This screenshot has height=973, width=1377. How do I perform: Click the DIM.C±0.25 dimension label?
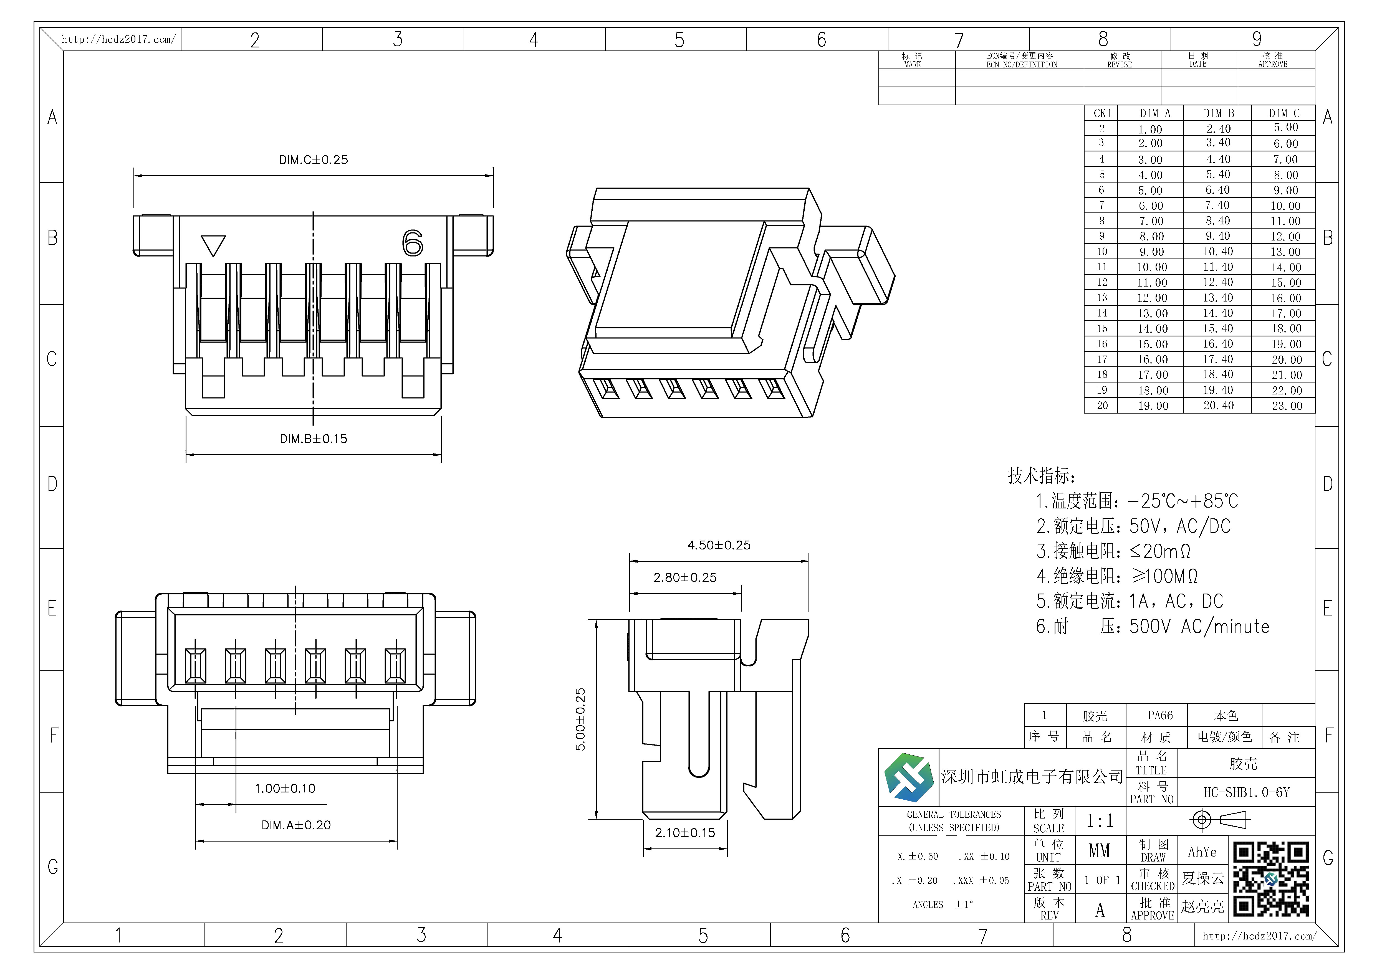313,159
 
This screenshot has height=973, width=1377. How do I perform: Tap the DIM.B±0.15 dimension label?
313,439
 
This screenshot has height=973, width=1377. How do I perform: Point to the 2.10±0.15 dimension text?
685,833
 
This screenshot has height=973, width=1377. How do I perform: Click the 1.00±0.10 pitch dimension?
285,788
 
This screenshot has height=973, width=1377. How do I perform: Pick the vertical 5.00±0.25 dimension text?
580,719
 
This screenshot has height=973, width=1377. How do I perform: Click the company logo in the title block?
909,777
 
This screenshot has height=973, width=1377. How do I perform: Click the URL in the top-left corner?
119,40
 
